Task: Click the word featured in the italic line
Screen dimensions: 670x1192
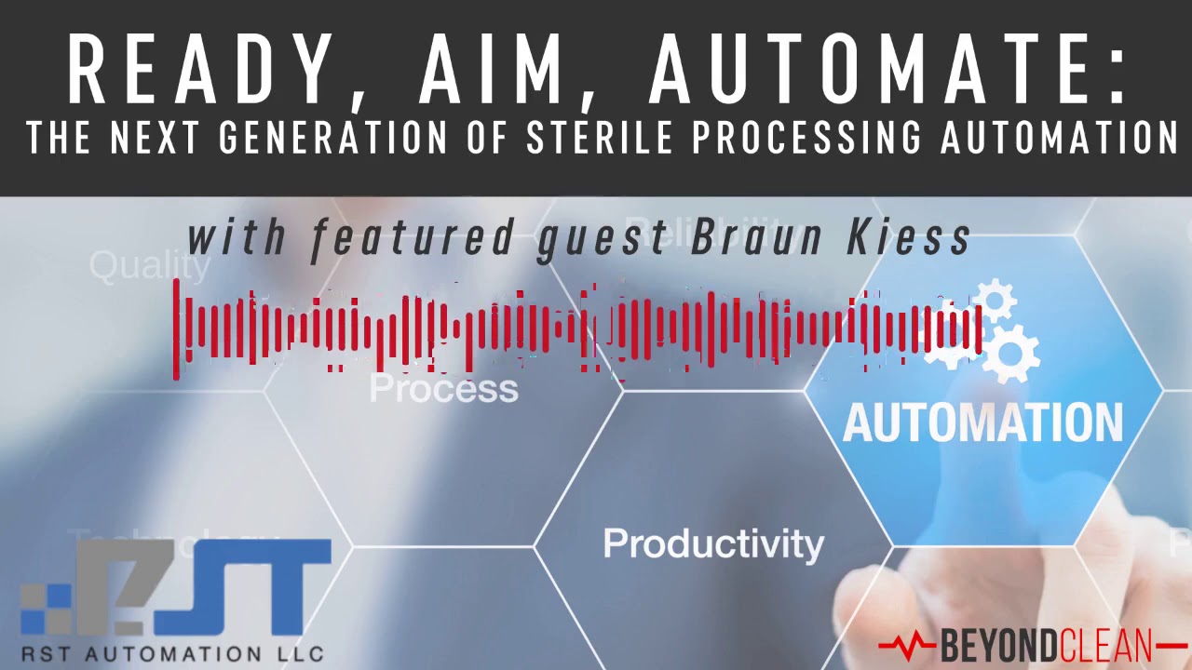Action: point(413,238)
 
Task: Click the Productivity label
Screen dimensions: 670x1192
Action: point(713,543)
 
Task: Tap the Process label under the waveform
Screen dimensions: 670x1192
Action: point(443,388)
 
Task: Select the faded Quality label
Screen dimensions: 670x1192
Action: point(150,267)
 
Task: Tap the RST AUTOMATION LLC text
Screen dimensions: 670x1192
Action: point(172,653)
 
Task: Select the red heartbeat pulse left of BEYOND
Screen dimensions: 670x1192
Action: point(907,643)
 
